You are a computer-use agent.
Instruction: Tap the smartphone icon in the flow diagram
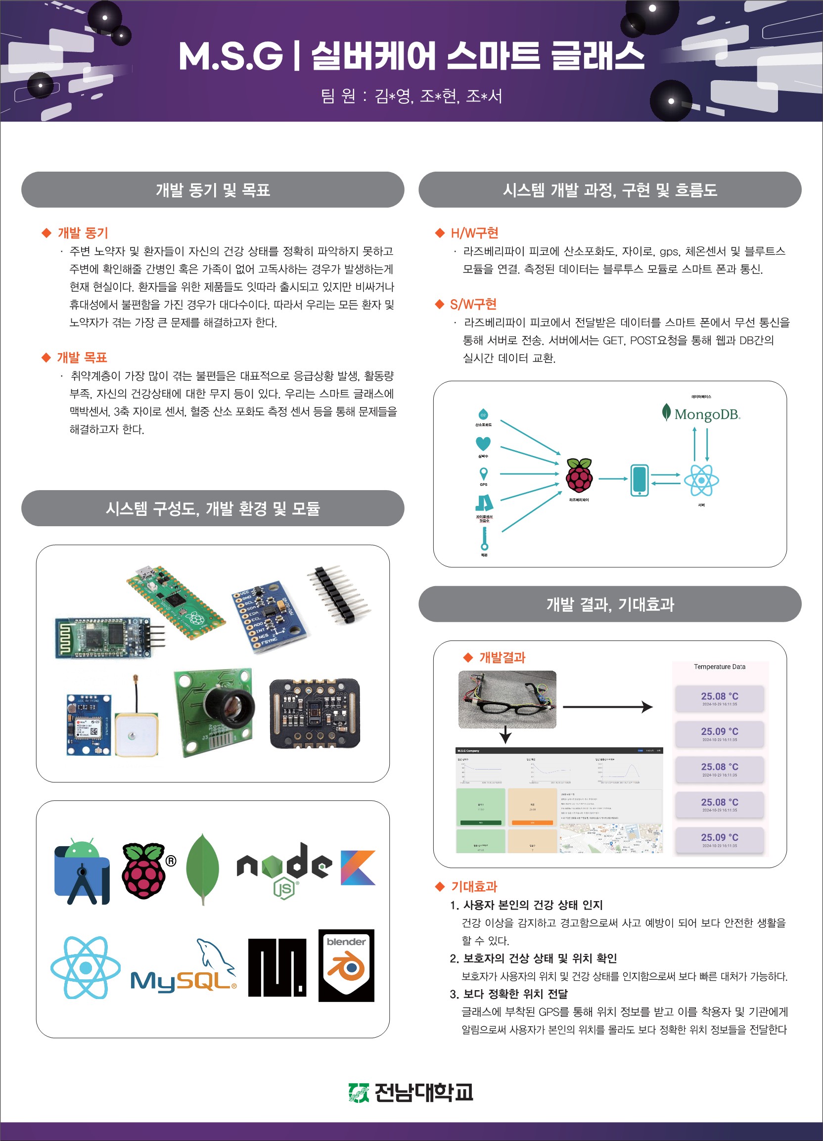(x=639, y=480)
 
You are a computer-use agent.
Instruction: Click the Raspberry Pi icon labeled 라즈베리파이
(x=579, y=475)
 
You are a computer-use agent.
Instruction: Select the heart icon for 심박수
(x=483, y=443)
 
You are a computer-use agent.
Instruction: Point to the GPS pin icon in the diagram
(x=483, y=473)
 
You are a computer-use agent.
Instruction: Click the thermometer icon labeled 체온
(x=484, y=539)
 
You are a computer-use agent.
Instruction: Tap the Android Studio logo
(x=82, y=871)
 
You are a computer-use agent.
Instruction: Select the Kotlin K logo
(x=358, y=867)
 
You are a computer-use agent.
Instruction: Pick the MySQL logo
(x=183, y=969)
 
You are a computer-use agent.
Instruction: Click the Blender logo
(x=346, y=965)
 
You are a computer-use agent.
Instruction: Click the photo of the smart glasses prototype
(x=507, y=699)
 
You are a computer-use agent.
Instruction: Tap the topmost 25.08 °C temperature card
(x=719, y=698)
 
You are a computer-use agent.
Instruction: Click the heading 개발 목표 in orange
(x=82, y=358)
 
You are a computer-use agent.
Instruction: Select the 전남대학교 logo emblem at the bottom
(x=358, y=1092)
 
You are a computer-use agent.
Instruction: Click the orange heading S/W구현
(x=473, y=304)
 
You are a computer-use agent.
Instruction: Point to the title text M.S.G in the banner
(x=231, y=56)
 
